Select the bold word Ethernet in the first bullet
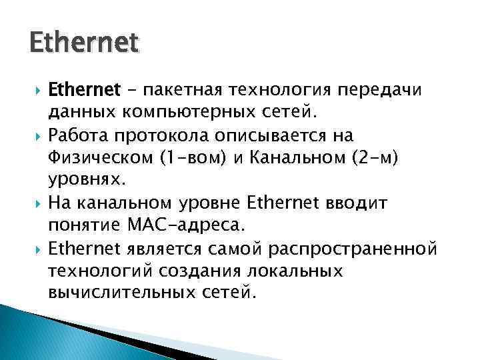[x=83, y=89]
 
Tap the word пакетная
[x=179, y=89]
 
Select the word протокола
[x=160, y=134]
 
